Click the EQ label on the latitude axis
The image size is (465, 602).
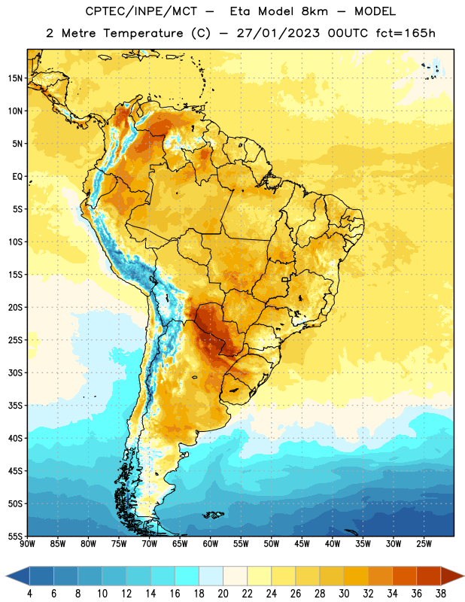(17, 177)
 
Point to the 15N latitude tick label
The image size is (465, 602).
(15, 78)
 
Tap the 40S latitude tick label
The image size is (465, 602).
(15, 438)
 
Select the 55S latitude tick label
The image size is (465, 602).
(15, 537)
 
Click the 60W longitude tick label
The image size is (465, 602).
(211, 544)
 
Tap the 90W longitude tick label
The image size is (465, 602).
(27, 544)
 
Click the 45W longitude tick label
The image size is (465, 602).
(302, 544)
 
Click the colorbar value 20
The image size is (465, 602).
(223, 594)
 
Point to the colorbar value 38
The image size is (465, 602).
(441, 594)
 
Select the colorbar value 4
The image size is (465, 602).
(29, 594)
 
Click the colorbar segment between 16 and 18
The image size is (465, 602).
(187, 576)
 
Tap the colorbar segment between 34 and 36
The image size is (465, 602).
(405, 576)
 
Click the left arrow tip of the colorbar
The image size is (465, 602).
(6, 576)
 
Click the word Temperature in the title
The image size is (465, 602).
(143, 33)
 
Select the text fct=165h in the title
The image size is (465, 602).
(406, 33)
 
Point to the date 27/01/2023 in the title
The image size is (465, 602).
(278, 33)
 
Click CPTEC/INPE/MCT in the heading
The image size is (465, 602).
(141, 11)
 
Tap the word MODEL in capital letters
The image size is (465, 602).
(375, 11)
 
